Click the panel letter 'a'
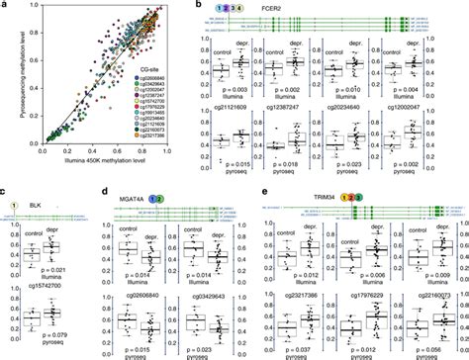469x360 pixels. point(6,7)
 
